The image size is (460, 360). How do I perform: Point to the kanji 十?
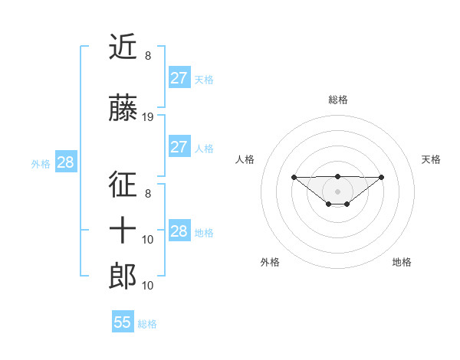pos(123,230)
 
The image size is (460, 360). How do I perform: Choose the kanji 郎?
pos(123,276)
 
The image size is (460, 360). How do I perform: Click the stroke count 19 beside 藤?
pos(148,117)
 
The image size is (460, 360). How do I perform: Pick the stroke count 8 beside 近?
pos(147,55)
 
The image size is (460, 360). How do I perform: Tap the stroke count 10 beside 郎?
pos(148,286)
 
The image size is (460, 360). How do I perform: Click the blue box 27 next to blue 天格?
pos(179,78)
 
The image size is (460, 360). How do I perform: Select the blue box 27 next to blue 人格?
pos(179,147)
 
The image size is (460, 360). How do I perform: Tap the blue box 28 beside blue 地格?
pos(179,231)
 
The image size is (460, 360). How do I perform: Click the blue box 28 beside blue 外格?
pos(65,162)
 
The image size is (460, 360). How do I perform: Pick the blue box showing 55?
pos(123,322)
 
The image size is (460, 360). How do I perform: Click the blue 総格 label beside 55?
pos(147,324)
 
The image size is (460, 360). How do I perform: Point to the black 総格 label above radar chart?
pos(337,100)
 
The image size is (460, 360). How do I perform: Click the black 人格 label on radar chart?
pos(245,159)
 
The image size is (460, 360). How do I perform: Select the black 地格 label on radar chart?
pos(402,262)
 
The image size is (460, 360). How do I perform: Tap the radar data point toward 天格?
pos(382,177)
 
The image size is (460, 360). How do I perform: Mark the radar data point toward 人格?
pos(294,177)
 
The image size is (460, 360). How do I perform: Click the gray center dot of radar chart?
pos(337,191)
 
